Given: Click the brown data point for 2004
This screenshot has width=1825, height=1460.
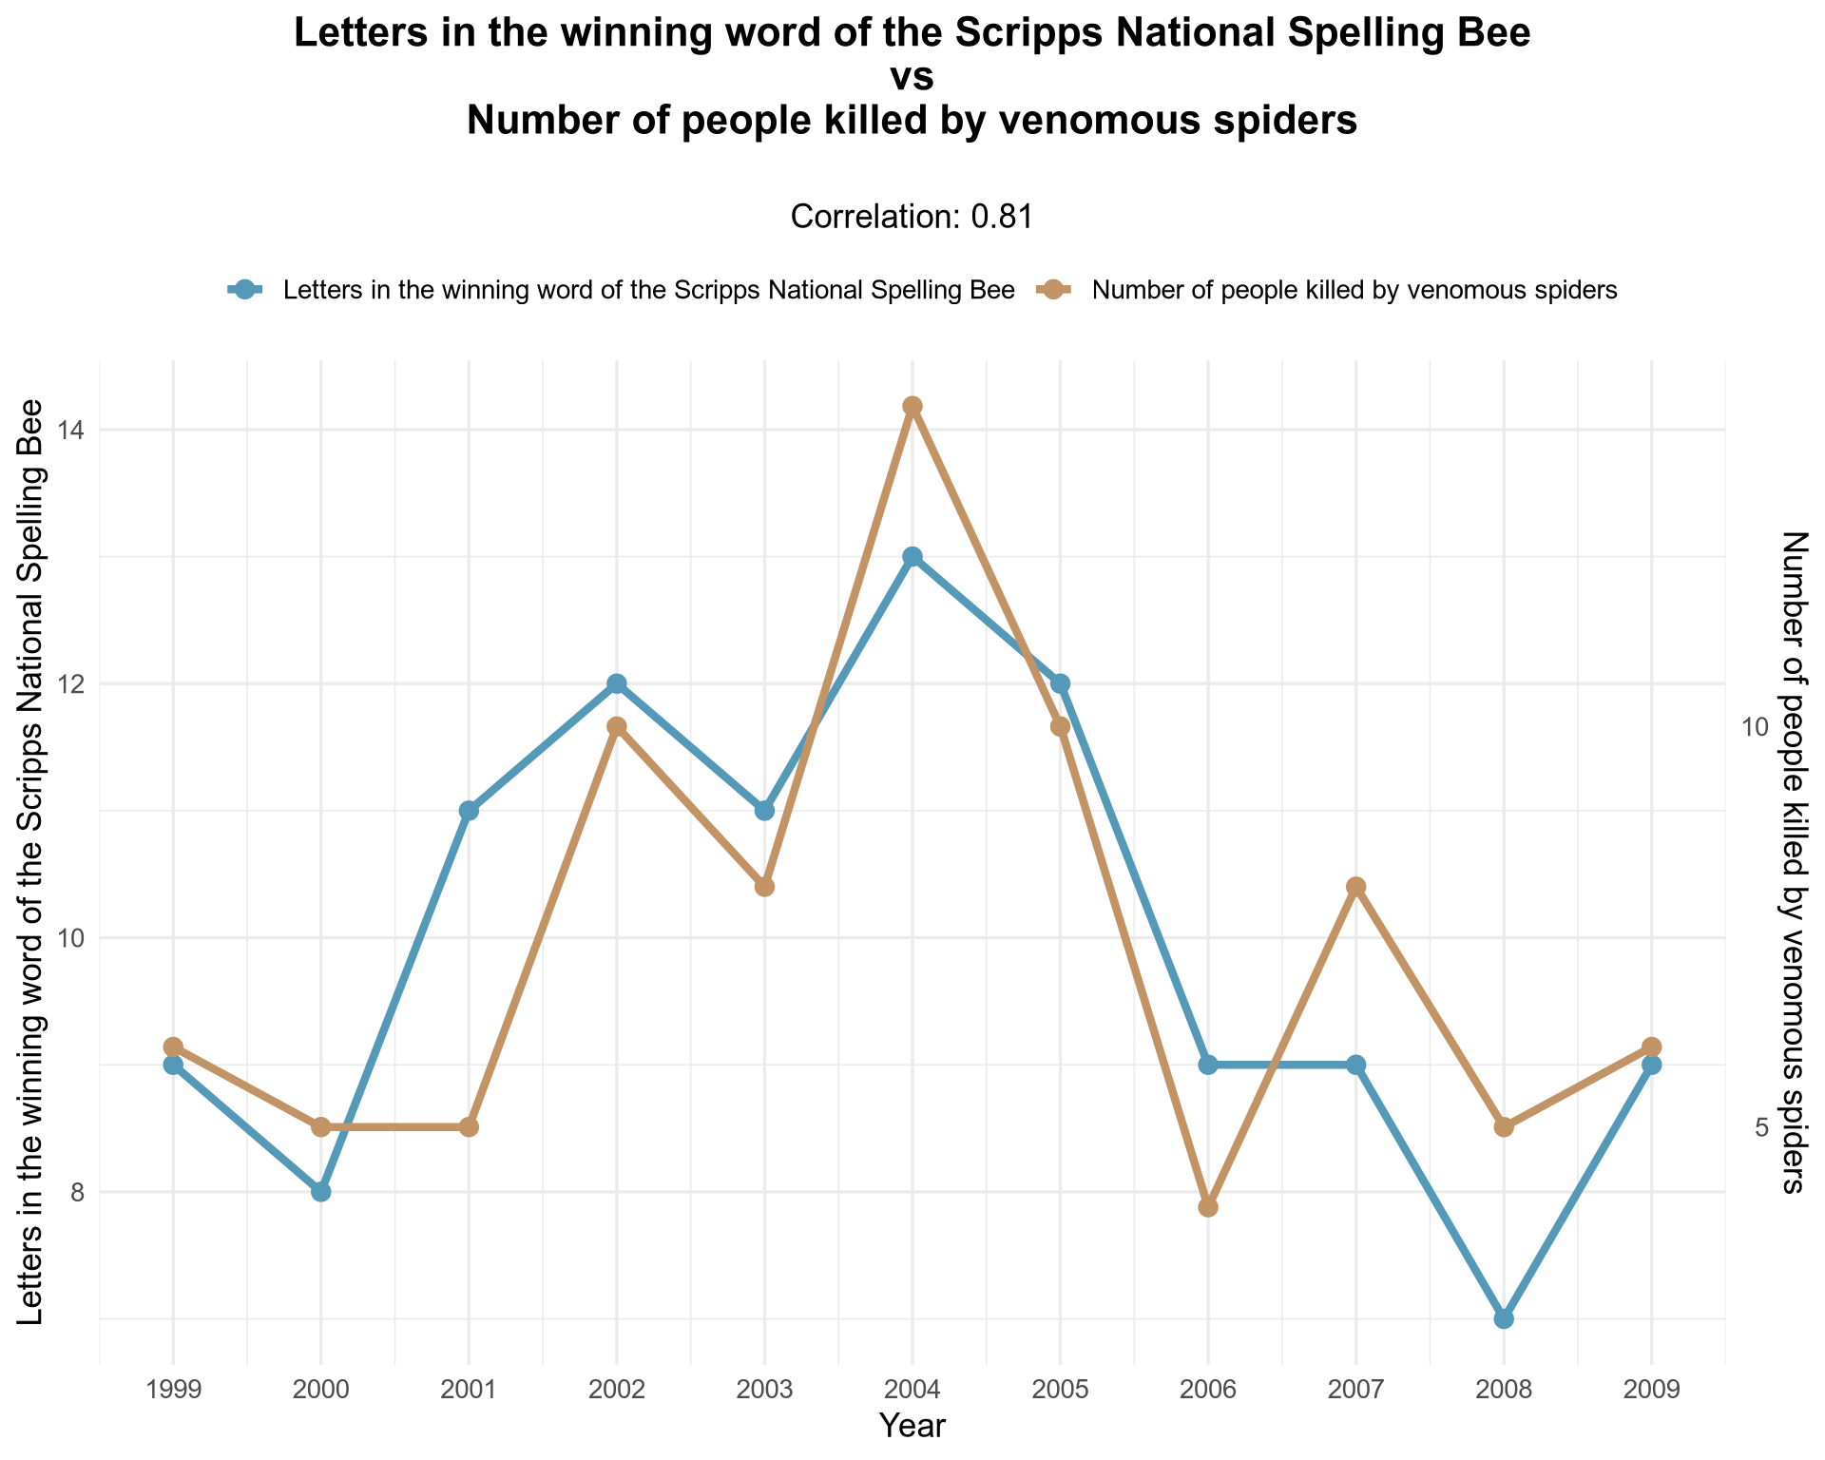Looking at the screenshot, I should pos(912,407).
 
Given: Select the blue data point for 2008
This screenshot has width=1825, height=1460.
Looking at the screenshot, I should pos(1504,1318).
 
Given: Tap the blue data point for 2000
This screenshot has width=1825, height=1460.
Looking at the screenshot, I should pos(321,1192).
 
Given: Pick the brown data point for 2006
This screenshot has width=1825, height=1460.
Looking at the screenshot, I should pos(1208,1207).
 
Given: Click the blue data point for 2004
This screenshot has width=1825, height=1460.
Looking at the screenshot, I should pos(912,557).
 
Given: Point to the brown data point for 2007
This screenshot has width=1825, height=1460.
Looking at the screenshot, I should pos(1356,887).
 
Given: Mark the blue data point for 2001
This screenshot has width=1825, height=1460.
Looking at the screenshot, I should pos(469,811).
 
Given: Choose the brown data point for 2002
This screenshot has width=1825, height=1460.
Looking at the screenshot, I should pos(617,727).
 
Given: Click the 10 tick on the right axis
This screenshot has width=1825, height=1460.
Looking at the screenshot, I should pos(1755,727).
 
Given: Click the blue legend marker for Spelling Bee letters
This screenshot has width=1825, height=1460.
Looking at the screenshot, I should pos(246,290).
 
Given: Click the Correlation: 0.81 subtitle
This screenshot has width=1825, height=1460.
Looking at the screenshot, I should pos(912,218).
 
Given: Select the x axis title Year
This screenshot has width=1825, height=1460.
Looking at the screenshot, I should pos(912,1426).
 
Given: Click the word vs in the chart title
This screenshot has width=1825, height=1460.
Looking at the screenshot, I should pos(912,78).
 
